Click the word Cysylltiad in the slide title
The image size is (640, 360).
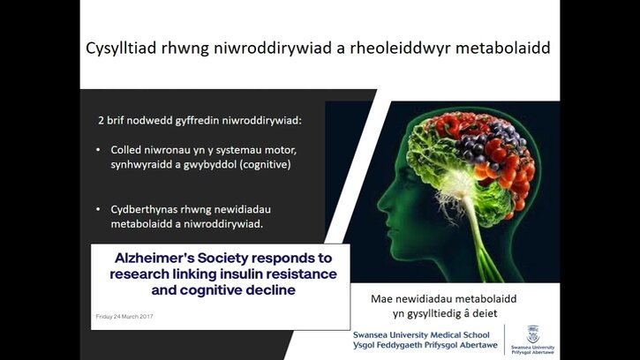click(121, 49)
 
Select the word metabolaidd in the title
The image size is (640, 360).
click(503, 48)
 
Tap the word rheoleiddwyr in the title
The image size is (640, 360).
click(400, 49)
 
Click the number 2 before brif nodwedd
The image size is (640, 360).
click(101, 120)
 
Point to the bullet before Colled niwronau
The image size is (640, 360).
click(98, 150)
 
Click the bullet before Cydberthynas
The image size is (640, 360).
click(98, 209)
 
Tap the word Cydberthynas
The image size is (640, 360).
click(144, 209)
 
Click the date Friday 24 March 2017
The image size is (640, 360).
click(124, 317)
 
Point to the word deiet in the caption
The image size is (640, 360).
click(485, 313)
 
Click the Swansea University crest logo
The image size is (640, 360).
click(533, 334)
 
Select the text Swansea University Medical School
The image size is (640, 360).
click(421, 334)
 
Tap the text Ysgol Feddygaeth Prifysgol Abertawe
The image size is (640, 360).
click(425, 345)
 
